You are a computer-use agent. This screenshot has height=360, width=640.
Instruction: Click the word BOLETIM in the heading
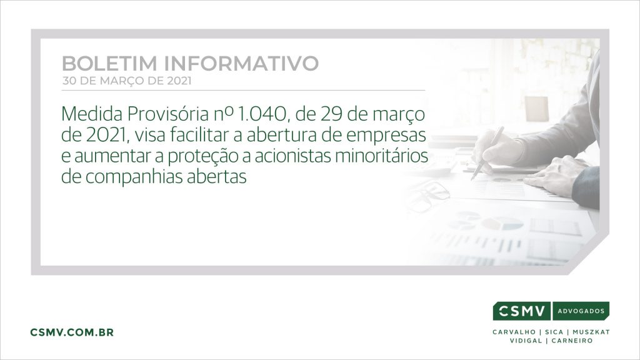[x=109, y=64]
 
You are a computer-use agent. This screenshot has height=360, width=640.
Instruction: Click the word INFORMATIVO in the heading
[x=242, y=64]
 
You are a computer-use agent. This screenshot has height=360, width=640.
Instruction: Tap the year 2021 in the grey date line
[x=179, y=81]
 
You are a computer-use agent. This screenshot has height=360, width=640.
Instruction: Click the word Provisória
[x=167, y=114]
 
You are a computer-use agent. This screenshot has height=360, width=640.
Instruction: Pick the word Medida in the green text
[x=92, y=114]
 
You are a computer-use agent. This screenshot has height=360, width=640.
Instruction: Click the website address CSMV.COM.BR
[x=72, y=332]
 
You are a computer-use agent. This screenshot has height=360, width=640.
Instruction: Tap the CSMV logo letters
[x=522, y=311]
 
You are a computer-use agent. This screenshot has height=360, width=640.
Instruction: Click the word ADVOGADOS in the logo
[x=581, y=311]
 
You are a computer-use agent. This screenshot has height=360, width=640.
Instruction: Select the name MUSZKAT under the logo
[x=591, y=332]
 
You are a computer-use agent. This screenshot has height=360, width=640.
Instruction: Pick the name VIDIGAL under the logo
[x=526, y=341]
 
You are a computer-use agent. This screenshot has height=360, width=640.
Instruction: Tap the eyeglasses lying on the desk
[x=427, y=196]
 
